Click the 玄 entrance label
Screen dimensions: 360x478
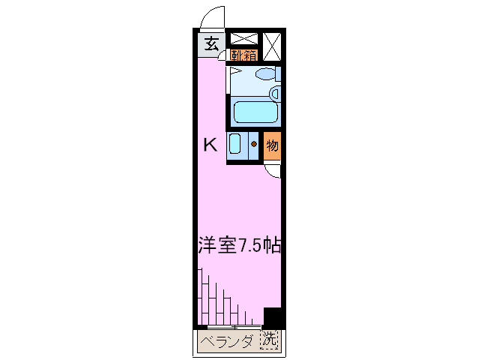click(x=211, y=44)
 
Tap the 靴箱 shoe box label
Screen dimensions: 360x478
click(x=243, y=55)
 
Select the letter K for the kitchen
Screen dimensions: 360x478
click(x=211, y=145)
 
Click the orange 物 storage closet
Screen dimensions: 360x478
click(x=273, y=145)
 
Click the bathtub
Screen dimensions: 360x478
click(x=255, y=112)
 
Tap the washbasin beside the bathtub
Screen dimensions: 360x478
click(x=275, y=94)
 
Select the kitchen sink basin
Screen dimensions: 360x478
click(x=235, y=144)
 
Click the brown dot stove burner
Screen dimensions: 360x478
click(x=254, y=144)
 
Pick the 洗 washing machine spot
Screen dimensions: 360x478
click(x=269, y=341)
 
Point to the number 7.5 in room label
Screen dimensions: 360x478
click(x=250, y=245)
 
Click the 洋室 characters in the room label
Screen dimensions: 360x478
click(x=217, y=245)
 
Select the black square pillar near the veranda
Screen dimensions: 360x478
click(x=271, y=316)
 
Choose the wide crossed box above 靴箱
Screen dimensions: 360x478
click(x=243, y=39)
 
